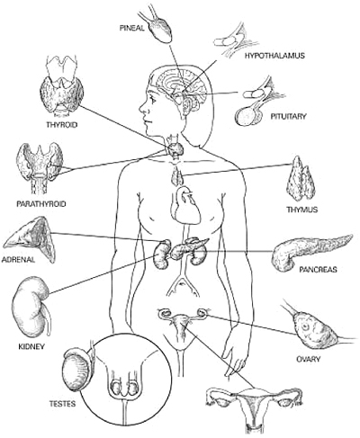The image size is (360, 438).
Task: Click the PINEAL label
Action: [x=132, y=28]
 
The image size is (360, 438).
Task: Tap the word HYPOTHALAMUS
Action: [x=274, y=56]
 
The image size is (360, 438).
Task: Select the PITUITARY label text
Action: [x=288, y=116]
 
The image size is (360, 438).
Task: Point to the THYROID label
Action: [x=62, y=124]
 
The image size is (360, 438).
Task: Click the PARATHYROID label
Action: [x=41, y=204]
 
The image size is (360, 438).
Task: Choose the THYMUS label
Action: [x=302, y=210]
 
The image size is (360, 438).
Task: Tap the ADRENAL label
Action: [x=18, y=259]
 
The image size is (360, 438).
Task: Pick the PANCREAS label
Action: [x=319, y=270]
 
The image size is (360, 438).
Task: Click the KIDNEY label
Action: [x=31, y=346]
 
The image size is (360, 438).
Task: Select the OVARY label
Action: [x=308, y=359]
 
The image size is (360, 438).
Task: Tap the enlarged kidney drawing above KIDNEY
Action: [x=31, y=308]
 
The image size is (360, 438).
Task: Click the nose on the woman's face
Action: [x=141, y=109]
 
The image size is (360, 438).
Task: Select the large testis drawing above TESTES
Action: [x=76, y=370]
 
